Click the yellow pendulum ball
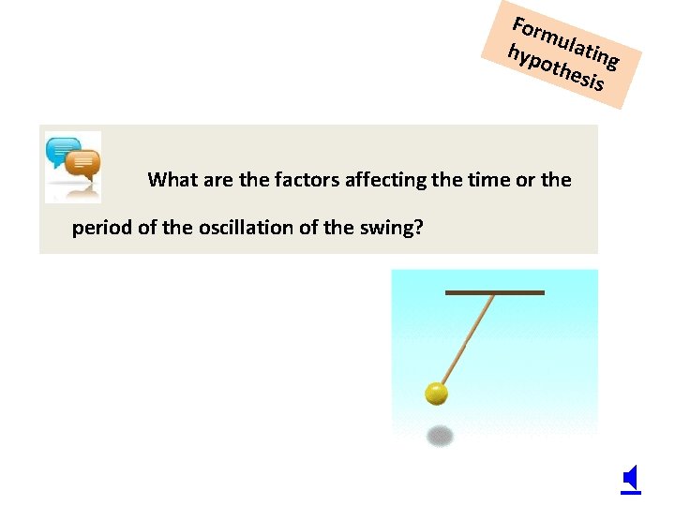pyautogui.click(x=436, y=394)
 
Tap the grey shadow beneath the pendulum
pyautogui.click(x=440, y=436)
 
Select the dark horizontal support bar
pyautogui.click(x=494, y=292)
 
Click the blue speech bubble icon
pyautogui.click(x=63, y=149)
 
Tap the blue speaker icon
pyautogui.click(x=631, y=479)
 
